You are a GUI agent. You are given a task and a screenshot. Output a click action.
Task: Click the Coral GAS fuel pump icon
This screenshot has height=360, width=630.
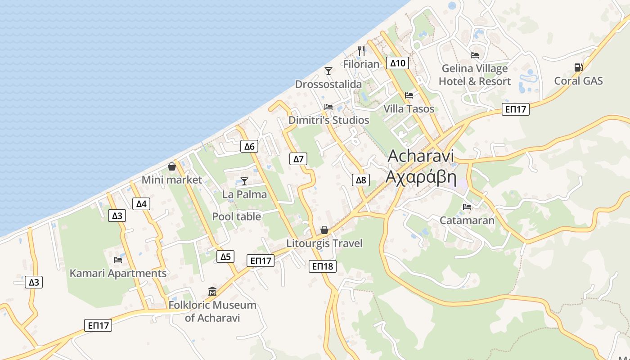tap(578, 67)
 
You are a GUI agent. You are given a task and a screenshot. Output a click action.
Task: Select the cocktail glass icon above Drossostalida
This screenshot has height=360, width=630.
tap(328, 71)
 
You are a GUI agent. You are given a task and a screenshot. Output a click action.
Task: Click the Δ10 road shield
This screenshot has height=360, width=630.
tap(398, 63)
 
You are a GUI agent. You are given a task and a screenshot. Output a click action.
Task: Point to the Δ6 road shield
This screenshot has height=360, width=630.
tap(249, 146)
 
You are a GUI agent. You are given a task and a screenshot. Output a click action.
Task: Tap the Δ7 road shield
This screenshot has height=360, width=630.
tap(299, 158)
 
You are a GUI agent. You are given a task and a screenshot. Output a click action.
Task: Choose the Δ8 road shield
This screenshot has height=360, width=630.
tap(361, 180)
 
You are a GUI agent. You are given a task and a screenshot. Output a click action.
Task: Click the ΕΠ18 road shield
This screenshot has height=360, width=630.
tap(323, 266)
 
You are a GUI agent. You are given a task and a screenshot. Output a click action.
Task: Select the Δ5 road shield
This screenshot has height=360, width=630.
tap(225, 256)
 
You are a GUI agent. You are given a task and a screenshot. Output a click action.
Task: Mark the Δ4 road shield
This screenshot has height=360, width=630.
tap(141, 204)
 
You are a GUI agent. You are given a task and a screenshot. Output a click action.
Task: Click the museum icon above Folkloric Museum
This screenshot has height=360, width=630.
tap(212, 291)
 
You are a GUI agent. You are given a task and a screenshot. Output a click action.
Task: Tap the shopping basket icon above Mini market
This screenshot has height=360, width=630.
tap(172, 166)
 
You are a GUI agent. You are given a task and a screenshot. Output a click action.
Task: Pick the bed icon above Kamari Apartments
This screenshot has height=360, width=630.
tap(118, 260)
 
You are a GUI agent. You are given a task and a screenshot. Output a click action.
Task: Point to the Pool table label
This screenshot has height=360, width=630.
tap(237, 216)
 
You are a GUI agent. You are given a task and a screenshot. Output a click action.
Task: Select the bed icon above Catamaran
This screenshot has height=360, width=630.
tap(467, 207)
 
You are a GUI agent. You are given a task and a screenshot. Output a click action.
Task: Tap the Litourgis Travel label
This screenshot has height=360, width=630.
tap(324, 243)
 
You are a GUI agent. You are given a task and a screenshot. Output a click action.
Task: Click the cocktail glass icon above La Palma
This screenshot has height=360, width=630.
tap(244, 181)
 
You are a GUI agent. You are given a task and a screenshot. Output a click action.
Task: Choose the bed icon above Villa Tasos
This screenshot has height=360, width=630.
tap(409, 95)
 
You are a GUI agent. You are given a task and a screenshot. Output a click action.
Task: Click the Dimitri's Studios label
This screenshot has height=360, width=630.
tap(328, 120)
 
